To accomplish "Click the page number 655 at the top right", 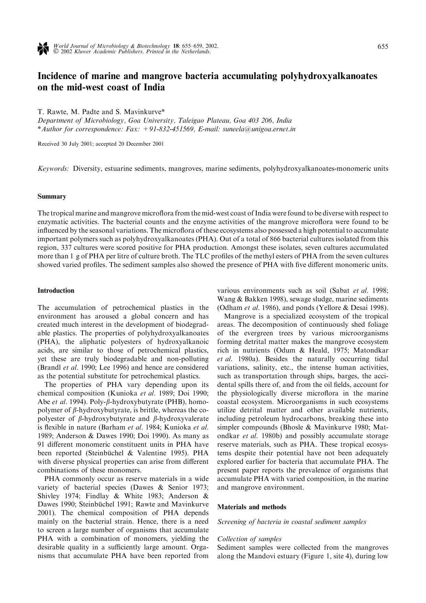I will point(383,46).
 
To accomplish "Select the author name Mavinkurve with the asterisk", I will point(144,112).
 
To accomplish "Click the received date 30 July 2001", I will point(77,144).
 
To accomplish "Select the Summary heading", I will point(52,197).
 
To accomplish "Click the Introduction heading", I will point(56,291).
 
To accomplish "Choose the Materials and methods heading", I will point(251,507).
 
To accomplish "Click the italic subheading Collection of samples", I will point(249,539).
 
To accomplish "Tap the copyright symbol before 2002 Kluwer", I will point(56,52).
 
